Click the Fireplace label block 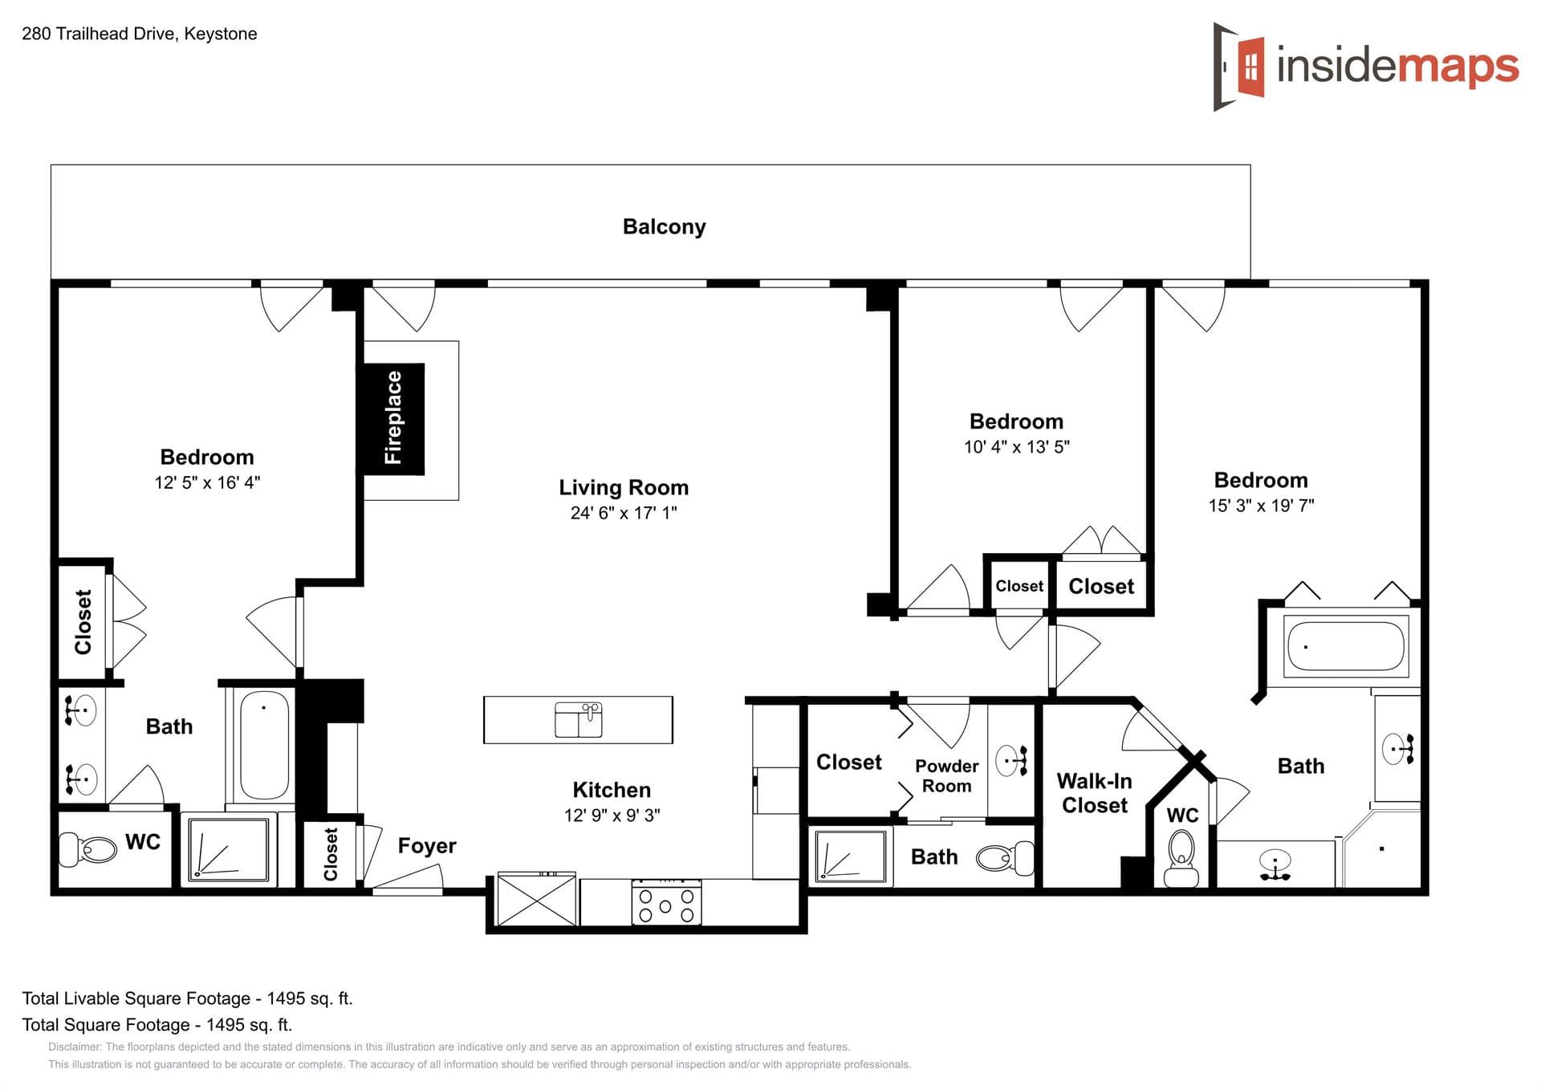tap(393, 418)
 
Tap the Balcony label tap(664, 227)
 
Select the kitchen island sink tap(579, 719)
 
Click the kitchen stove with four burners tap(666, 903)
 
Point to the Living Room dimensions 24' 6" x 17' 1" tap(624, 513)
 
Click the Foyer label tap(427, 846)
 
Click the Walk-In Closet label tap(1095, 793)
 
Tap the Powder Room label tap(947, 776)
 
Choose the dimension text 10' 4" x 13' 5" tap(1017, 447)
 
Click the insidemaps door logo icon tap(1240, 67)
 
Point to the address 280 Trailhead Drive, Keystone tap(140, 34)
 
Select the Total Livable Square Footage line tap(187, 998)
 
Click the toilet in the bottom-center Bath tap(1005, 858)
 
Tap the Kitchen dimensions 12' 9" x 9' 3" tap(612, 815)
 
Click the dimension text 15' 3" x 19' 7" tap(1261, 506)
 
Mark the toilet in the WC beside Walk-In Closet tap(1181, 857)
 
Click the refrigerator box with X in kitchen tap(537, 900)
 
